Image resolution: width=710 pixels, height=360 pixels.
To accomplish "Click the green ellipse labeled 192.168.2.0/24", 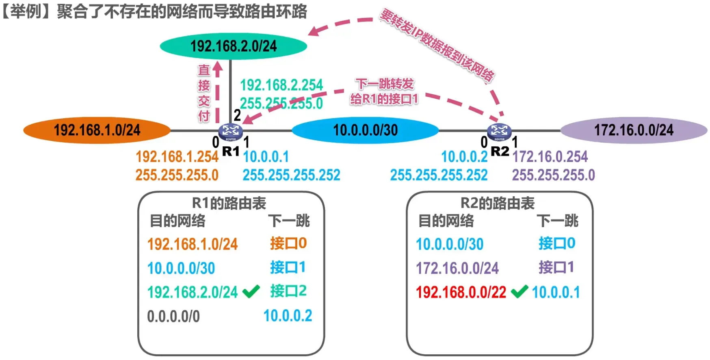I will [233, 46].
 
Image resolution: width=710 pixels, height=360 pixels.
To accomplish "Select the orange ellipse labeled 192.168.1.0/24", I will [97, 130].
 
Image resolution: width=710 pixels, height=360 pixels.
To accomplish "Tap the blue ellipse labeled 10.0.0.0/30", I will [365, 130].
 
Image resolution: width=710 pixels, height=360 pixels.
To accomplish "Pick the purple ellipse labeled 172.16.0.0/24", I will [634, 130].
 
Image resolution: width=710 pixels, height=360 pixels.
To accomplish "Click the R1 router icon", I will [230, 131].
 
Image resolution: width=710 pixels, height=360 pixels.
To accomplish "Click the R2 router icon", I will [499, 131].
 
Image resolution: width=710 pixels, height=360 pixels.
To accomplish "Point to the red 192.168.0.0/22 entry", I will [461, 292].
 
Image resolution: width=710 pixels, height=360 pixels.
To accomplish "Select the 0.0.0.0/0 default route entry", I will [173, 316].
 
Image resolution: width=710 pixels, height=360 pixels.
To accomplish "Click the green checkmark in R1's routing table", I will [251, 291].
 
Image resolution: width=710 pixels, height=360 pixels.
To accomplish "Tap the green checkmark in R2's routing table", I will [520, 291].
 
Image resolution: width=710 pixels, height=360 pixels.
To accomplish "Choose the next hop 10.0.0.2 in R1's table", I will [288, 316].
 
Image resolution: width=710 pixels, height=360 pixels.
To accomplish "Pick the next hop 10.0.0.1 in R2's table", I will [556, 292].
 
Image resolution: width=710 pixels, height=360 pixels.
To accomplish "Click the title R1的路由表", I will [229, 203].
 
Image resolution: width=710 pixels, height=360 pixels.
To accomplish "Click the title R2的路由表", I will [498, 203].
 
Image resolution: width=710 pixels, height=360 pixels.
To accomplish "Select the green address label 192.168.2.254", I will [281, 85].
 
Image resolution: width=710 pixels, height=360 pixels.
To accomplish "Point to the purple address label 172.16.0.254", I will [550, 156].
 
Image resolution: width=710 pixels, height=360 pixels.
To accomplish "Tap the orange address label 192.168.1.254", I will [177, 156].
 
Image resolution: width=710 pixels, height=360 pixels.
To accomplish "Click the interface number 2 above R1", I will [237, 115].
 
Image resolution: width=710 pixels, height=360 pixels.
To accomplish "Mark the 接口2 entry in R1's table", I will [288, 291].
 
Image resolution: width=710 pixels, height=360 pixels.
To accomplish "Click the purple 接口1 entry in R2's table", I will [556, 267].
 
